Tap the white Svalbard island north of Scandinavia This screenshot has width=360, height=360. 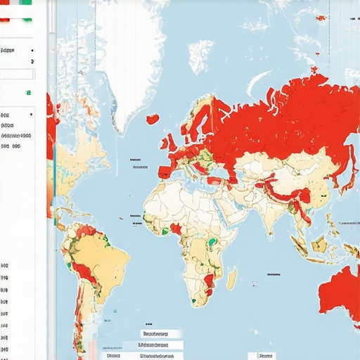click(x=201, y=53)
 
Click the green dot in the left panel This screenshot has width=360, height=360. click(x=28, y=92)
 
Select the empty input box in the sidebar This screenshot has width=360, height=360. click(x=17, y=75)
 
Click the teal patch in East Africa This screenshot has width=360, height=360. click(x=212, y=243)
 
